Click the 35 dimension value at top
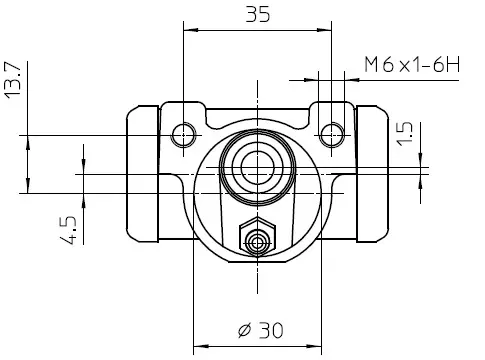click(258, 14)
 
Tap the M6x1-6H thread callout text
click(412, 65)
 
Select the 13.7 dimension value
click(13, 80)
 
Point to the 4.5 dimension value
click(68, 230)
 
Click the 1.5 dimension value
click(404, 134)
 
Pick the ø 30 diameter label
click(261, 330)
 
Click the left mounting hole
click(183, 135)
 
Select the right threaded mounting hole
click(331, 135)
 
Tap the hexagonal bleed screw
click(257, 237)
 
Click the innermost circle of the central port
click(257, 167)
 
